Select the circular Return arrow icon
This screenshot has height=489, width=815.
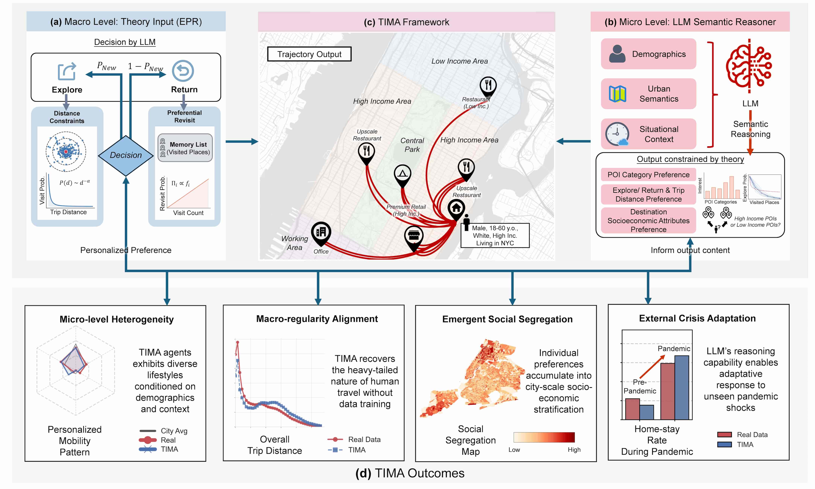pyautogui.click(x=183, y=71)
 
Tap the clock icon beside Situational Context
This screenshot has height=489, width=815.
pyautogui.click(x=617, y=134)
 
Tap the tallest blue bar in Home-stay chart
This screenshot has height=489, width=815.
pyautogui.click(x=682, y=388)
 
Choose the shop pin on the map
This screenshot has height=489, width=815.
pyautogui.click(x=414, y=236)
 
